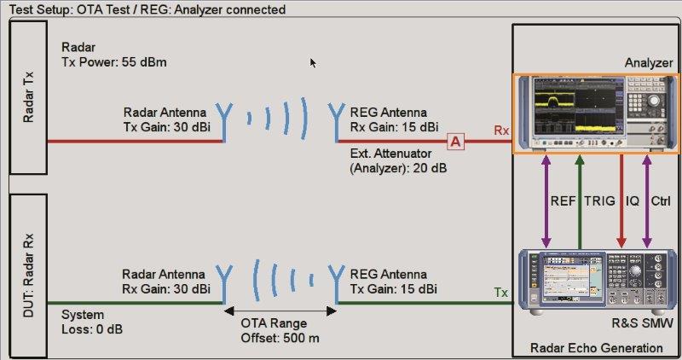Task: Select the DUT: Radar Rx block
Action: point(28,270)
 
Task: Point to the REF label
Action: point(562,202)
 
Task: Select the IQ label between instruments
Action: point(633,202)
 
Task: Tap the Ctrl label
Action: point(661,202)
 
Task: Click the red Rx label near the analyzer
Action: point(501,131)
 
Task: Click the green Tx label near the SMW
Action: point(501,293)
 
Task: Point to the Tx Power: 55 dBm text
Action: point(113,62)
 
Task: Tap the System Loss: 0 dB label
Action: point(95,322)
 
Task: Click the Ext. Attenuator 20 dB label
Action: point(398,161)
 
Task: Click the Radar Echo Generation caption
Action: point(596,347)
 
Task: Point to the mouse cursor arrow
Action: point(313,62)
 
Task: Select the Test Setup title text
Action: point(147,9)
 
